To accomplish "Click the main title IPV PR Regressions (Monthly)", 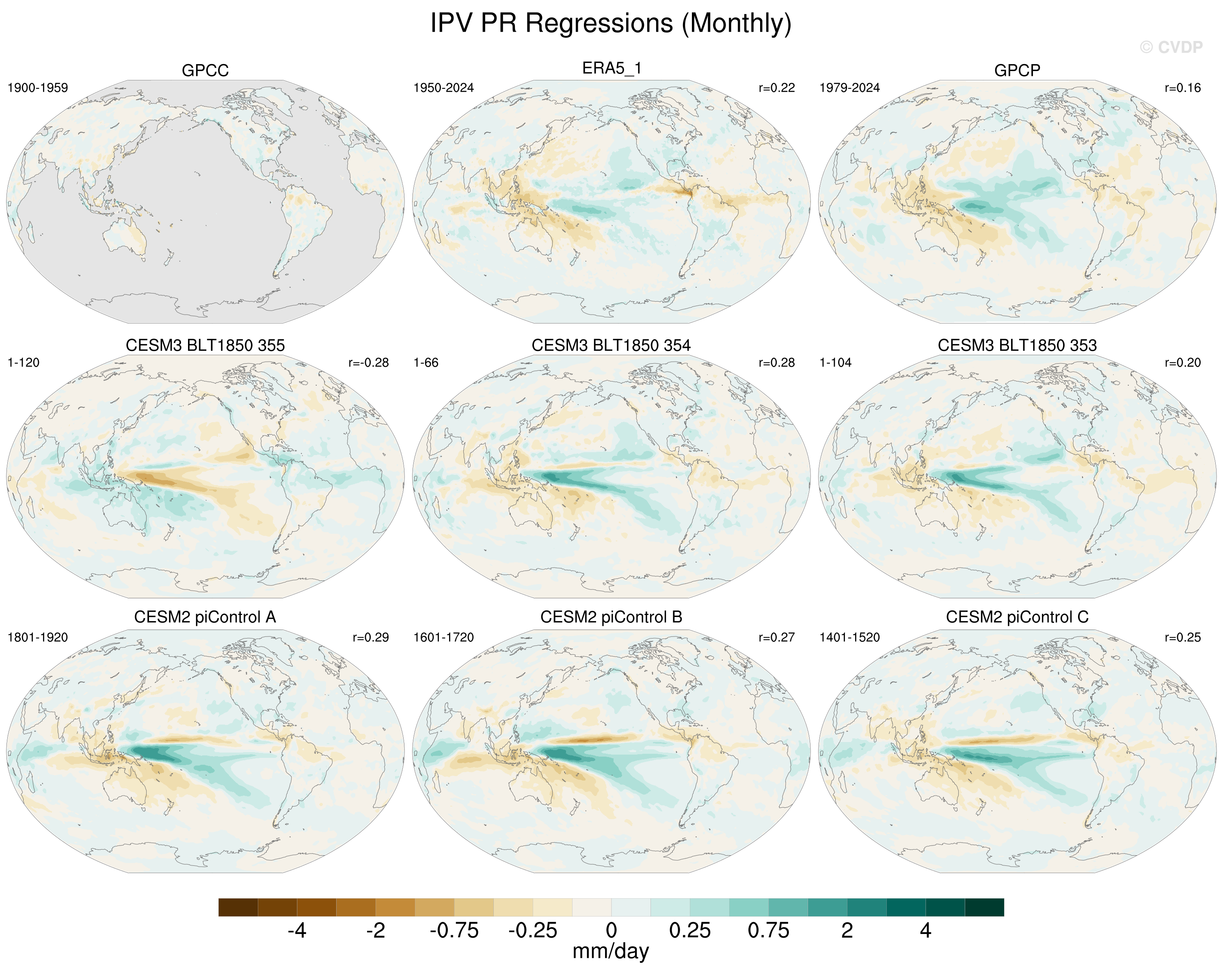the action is tap(611, 23).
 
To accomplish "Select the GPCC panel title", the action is tap(205, 70).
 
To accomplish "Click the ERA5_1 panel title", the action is tap(611, 69).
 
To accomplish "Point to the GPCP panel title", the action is tap(1017, 70).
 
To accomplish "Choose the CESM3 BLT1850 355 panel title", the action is tap(205, 345).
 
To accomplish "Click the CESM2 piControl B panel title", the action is tap(611, 617).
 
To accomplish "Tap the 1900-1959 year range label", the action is tap(37, 88).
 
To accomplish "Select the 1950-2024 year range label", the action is tap(443, 88).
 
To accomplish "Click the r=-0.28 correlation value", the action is tap(369, 363).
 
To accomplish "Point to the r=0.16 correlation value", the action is tap(1183, 88).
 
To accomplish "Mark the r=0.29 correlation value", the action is tap(371, 638).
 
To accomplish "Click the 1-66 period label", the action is tap(426, 363).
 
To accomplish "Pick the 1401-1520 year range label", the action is tap(850, 638).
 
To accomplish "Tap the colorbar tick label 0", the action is tap(611, 931).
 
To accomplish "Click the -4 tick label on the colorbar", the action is tap(297, 931).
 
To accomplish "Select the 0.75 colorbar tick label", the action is tap(769, 931).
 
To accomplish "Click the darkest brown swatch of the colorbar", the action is tap(238, 907).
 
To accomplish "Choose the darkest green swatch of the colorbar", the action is tap(985, 907).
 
